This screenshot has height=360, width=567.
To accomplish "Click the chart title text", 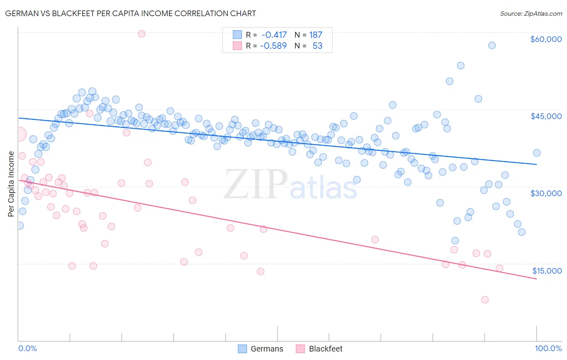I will pos(130,13).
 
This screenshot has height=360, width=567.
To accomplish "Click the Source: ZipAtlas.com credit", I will pos(531,14).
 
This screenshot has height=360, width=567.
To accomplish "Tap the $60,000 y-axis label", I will pos(546,39).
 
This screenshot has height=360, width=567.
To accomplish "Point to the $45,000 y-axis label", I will pos(546,116).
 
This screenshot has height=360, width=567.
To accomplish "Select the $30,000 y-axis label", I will pos(546,193).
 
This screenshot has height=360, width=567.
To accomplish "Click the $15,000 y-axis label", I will pos(546,271).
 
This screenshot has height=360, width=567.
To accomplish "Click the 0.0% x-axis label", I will pos(27,348).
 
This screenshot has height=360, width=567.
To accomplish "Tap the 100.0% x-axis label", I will pos(548,348).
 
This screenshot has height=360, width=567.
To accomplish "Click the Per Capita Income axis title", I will pos(11,184).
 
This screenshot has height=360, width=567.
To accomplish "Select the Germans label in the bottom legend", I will pos(267,349).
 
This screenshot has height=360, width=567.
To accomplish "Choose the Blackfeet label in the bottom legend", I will pos(325,349).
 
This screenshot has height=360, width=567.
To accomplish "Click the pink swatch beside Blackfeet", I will pos(300,349).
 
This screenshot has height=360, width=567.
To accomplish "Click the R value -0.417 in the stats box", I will pos(274,35).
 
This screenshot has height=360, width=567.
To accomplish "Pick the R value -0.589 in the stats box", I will pos(273,46).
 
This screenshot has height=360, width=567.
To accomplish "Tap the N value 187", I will pos(316,35).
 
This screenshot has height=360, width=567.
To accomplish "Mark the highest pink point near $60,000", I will pos(142,34).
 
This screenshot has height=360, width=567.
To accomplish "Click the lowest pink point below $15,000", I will pos(485,299).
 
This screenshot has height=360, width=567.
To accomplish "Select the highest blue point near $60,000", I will pos(492,45).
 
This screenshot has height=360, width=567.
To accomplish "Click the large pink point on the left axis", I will pos(19,134).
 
